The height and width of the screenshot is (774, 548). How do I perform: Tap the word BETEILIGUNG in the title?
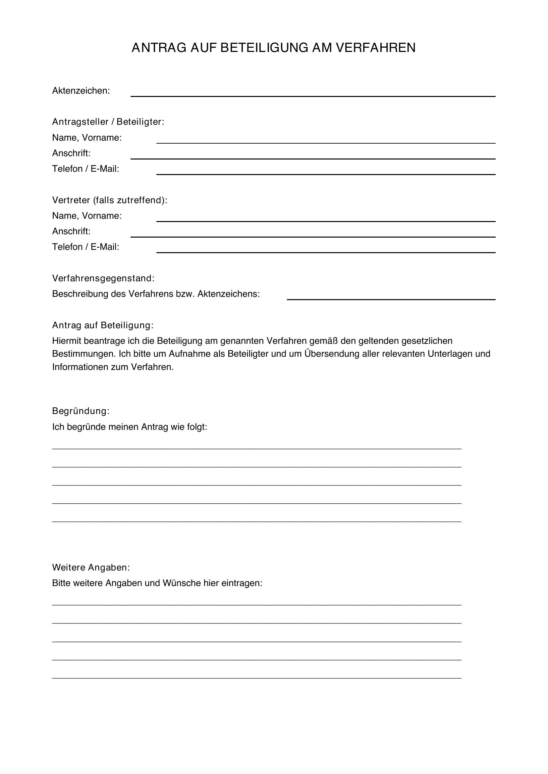264,48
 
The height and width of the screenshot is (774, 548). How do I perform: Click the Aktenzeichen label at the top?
81,91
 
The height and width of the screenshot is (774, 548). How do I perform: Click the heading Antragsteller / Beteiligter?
108,122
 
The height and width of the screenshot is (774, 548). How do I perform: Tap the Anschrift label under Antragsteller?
71,154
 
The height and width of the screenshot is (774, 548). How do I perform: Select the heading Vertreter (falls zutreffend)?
110,200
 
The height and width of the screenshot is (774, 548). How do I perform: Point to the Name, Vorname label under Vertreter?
87,216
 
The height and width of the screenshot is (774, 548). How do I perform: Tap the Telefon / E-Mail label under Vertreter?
86,247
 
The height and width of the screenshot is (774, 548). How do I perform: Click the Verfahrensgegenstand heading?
103,278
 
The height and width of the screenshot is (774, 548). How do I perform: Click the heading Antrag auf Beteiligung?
103,325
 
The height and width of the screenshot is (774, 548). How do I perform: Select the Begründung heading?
81,411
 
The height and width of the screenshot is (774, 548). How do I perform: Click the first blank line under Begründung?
256,447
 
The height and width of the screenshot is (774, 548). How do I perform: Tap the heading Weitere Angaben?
91,568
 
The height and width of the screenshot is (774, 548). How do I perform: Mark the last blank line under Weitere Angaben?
256,677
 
